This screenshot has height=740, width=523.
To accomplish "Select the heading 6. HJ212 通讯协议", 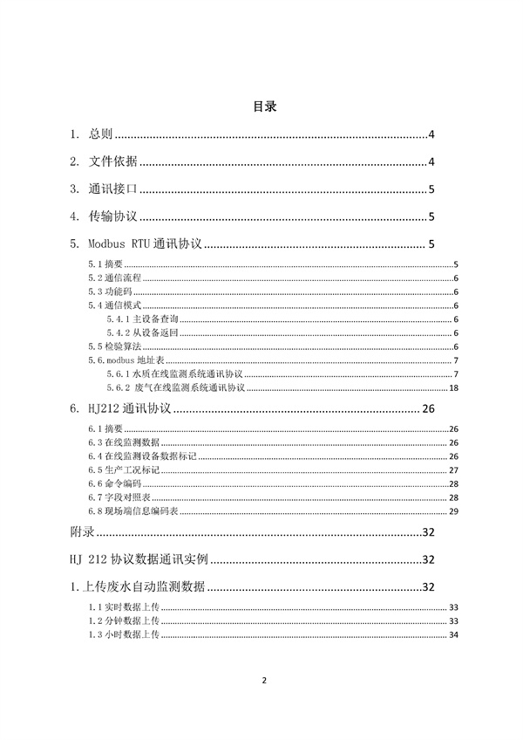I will [124, 408].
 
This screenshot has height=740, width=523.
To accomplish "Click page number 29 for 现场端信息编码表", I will [454, 510].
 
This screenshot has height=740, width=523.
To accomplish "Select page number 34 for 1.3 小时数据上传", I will [453, 635].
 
